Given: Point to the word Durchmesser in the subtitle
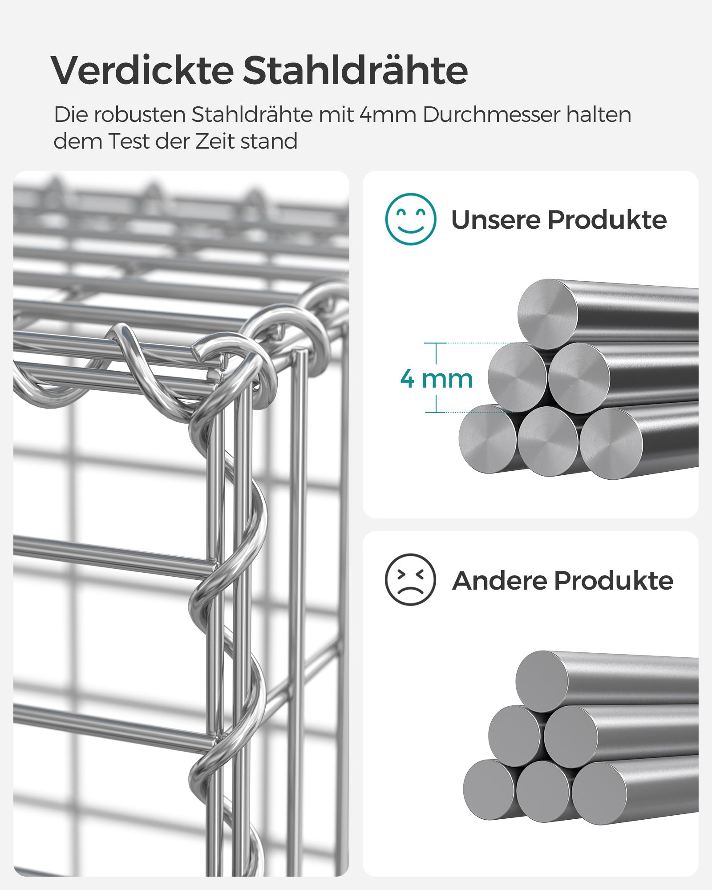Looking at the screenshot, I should pos(491,115).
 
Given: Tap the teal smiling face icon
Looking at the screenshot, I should pos(410,219).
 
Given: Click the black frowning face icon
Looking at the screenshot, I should pos(410,579).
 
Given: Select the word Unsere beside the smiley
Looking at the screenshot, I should pos(495,220).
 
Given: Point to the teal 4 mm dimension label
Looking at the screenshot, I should pos(436,379).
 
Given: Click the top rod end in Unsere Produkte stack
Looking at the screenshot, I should pos(548,314).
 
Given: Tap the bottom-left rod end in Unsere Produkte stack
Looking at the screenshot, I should pos(488,439).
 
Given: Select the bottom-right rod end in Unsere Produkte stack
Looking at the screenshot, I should pos(611,444).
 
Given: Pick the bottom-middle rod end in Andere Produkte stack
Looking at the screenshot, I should pos(543,791).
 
